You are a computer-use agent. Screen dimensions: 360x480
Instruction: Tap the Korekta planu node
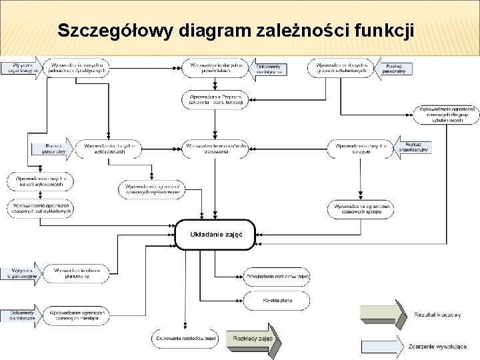[x=277, y=300]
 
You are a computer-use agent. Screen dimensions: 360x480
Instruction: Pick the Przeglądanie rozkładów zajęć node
[x=277, y=277]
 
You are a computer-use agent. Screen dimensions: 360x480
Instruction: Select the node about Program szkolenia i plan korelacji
[x=215, y=99]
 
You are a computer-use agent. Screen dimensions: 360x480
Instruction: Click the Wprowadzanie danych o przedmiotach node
[x=215, y=68]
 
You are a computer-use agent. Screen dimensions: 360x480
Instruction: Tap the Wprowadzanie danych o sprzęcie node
[x=361, y=148]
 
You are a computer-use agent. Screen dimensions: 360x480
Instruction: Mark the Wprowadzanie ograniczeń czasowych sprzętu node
[x=361, y=209]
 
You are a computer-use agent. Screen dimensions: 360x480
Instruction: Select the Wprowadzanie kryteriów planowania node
[x=76, y=273]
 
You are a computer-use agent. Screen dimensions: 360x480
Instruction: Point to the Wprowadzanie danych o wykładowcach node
[x=109, y=148]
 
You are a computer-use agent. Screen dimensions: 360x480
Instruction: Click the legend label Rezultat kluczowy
[x=437, y=315]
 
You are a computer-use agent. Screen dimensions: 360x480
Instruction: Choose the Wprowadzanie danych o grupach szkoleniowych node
[x=341, y=68]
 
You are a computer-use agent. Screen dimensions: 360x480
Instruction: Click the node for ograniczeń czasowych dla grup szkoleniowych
[x=446, y=115]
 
